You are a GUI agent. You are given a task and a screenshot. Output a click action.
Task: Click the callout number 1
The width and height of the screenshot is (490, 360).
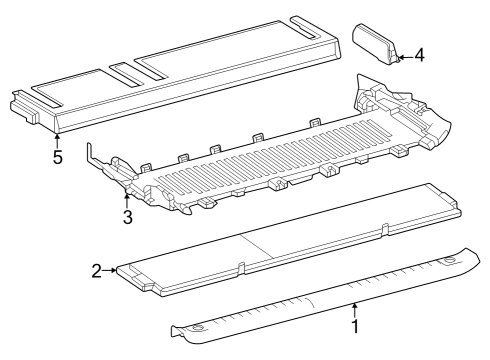353,326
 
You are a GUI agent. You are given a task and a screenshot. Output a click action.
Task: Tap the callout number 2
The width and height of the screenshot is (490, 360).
96,270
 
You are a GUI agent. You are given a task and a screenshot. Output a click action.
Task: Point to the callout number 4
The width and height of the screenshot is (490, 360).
419,55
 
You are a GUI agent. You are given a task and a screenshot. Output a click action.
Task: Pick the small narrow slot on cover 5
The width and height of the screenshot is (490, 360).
126,72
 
